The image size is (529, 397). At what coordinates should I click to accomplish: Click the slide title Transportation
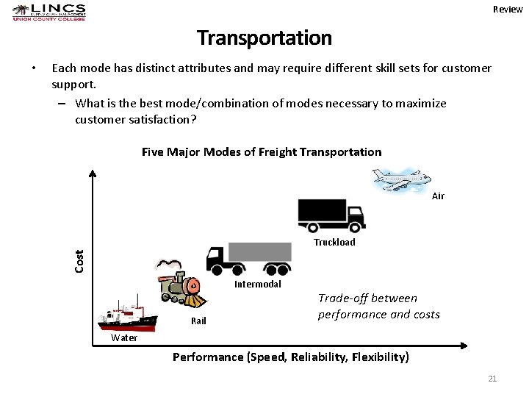tap(264, 37)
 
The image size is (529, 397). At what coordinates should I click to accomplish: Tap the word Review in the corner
tap(508, 9)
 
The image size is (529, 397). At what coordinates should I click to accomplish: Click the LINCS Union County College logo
tap(49, 12)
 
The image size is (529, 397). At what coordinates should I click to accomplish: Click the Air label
tap(438, 196)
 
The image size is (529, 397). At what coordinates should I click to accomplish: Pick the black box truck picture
tap(331, 215)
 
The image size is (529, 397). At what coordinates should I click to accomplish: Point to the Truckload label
tap(334, 242)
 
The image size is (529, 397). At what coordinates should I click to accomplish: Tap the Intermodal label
tap(257, 284)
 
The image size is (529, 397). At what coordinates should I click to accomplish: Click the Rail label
tap(198, 321)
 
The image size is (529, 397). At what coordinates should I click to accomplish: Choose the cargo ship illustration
tap(126, 315)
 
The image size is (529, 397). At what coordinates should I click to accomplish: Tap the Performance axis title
tap(291, 357)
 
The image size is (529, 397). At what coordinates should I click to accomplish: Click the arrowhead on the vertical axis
tap(93, 174)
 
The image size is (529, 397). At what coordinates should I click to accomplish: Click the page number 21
tap(492, 379)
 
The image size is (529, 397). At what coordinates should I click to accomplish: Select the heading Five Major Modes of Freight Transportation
tap(262, 152)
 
